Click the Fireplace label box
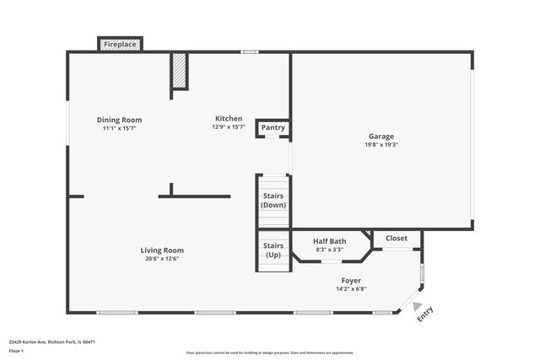(120, 43)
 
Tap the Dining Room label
(119, 120)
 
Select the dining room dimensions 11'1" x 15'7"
(119, 128)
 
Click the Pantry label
(273, 128)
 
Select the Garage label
(381, 136)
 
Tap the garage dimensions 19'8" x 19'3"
(381, 144)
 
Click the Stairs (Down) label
(273, 201)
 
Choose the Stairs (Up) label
(273, 250)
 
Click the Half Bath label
(329, 241)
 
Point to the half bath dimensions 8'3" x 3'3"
(329, 250)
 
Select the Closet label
(397, 239)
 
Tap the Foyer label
(352, 281)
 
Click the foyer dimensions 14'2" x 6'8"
(352, 289)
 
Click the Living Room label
(162, 250)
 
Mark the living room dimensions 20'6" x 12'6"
(162, 259)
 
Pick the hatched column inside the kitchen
(179, 71)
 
